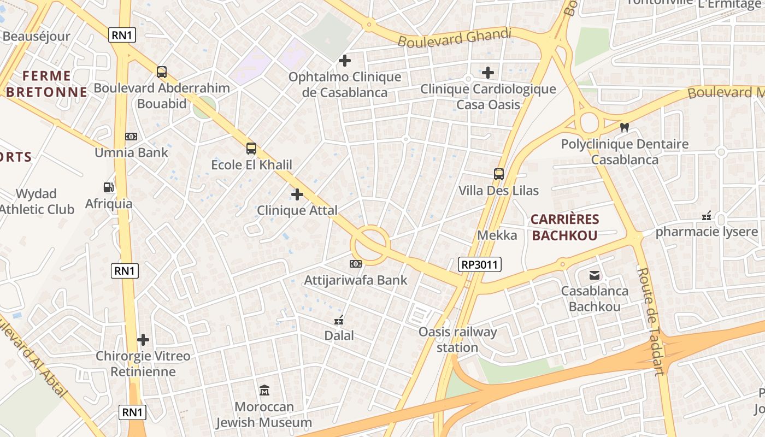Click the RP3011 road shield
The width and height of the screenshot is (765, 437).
[479, 265]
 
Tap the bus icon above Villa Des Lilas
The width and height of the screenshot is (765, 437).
[499, 174]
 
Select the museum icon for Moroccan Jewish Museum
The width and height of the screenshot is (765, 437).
[264, 391]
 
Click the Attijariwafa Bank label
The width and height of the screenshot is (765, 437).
[356, 281]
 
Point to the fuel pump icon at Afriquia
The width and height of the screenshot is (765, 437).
[109, 187]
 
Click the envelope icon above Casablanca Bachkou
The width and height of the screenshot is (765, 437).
[595, 275]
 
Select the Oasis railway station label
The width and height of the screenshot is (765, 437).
[457, 339]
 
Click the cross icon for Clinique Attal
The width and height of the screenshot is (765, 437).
[297, 194]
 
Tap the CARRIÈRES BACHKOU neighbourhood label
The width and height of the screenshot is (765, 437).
[565, 227]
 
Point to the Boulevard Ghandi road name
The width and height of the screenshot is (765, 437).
[454, 38]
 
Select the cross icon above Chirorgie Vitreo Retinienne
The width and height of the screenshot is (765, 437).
[143, 340]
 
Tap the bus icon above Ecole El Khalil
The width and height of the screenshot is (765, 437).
[251, 148]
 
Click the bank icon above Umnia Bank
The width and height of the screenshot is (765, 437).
[131, 137]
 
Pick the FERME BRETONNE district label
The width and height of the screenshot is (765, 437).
[46, 84]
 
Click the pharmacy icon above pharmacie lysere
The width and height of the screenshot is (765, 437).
[707, 216]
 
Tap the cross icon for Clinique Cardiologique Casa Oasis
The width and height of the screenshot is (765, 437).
[488, 73]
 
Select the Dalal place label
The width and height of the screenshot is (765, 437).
[339, 335]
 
